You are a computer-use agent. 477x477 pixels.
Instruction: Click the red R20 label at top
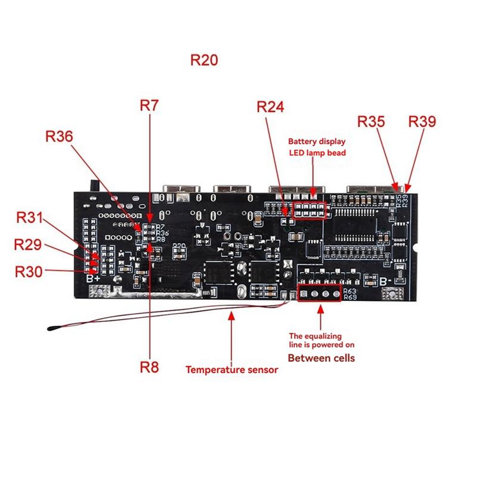(204, 60)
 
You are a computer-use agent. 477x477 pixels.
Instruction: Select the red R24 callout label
(270, 107)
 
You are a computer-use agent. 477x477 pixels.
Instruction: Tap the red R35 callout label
(371, 122)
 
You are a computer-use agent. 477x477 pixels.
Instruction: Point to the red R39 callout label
(422, 122)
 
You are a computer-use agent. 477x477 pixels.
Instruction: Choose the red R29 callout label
(28, 244)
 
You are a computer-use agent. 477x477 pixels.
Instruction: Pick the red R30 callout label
(29, 271)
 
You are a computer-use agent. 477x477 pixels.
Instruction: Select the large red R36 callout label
(59, 137)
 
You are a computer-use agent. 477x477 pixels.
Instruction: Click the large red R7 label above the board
(149, 106)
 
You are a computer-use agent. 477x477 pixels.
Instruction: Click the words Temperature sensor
(232, 370)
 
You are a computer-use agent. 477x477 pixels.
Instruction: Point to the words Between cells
(321, 358)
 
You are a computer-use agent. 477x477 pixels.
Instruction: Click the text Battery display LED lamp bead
(317, 147)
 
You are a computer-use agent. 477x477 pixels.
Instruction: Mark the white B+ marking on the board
(93, 278)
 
